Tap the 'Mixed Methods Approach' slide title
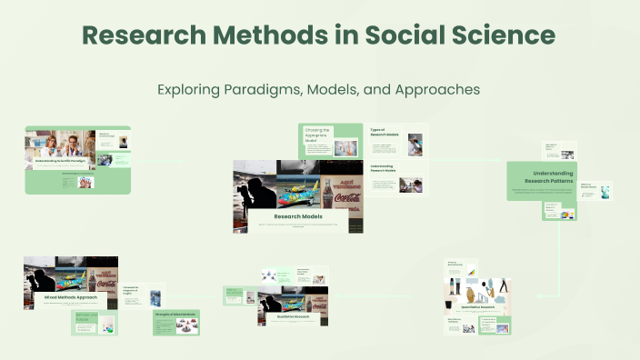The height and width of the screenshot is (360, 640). [71, 296]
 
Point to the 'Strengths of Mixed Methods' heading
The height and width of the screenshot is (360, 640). [175, 315]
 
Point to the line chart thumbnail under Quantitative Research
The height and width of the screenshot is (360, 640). [471, 272]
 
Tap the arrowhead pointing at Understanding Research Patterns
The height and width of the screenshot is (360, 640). [503, 161]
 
